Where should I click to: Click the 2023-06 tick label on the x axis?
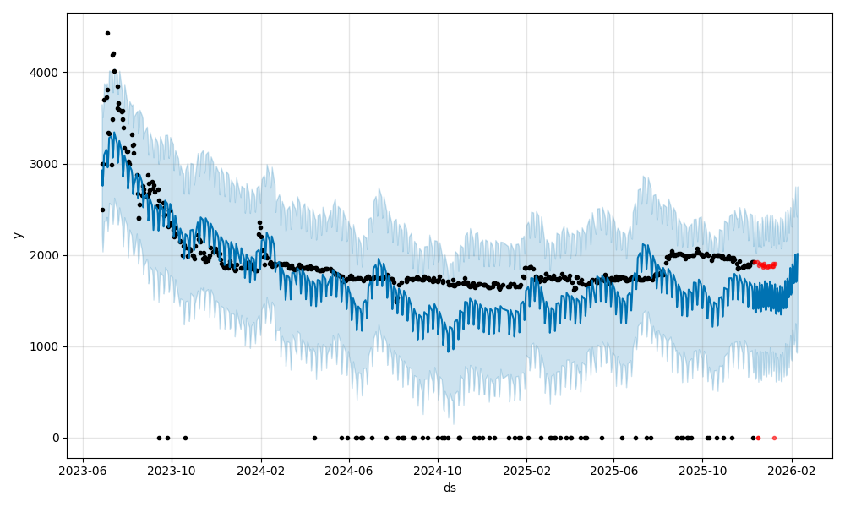83,472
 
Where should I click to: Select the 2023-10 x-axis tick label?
172,472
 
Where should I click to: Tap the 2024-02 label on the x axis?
261,472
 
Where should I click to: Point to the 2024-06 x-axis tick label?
349,472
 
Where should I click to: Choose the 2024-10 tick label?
438,472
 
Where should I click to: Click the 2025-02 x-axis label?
527,472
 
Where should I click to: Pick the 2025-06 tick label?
614,472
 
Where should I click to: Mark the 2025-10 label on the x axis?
703,472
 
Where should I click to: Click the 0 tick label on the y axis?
56,438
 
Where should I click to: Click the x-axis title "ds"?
450,488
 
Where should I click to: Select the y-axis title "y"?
18,235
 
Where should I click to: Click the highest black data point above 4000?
107,33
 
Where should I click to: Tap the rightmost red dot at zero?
774,438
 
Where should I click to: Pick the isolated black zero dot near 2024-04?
314,438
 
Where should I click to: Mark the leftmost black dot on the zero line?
159,438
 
